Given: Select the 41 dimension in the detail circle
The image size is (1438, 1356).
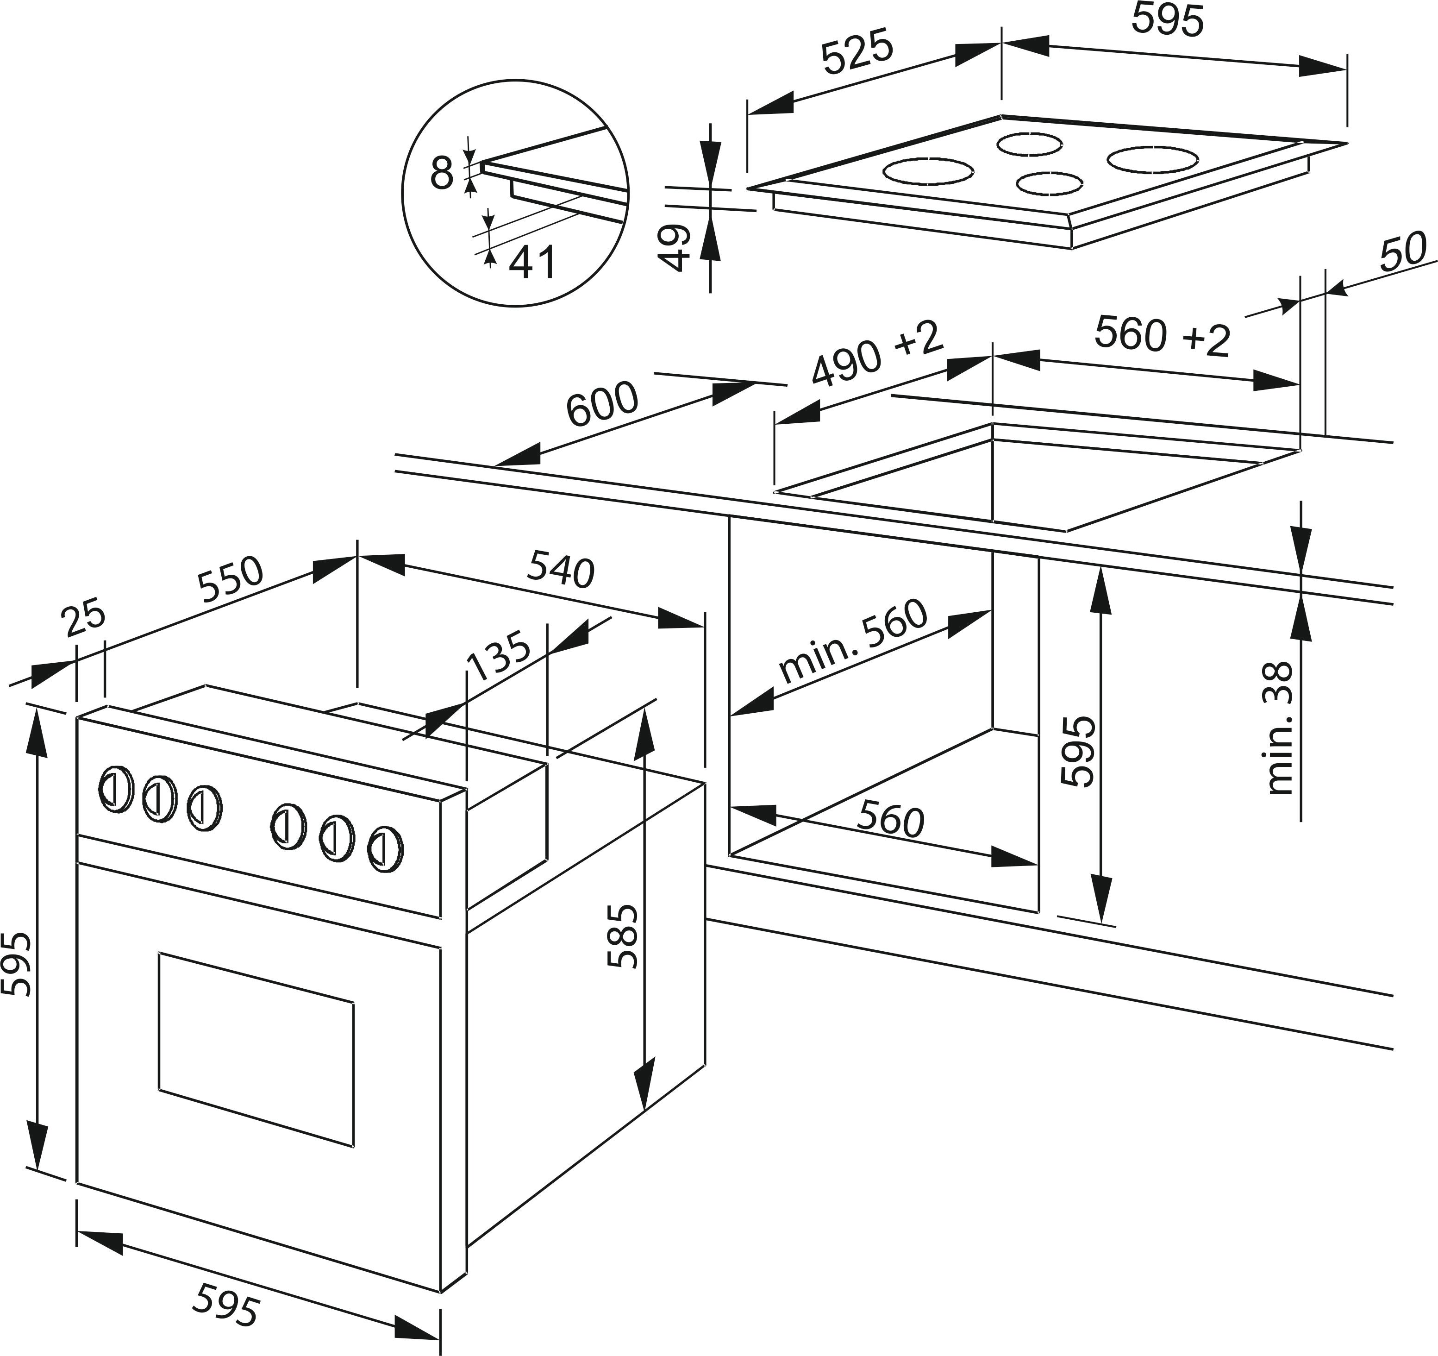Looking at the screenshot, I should tap(531, 262).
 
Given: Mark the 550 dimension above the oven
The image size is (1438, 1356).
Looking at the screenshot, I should tap(231, 580).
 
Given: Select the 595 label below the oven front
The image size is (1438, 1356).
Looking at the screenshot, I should tap(225, 1304).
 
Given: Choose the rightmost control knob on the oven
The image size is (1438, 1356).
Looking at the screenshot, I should tap(385, 851).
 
